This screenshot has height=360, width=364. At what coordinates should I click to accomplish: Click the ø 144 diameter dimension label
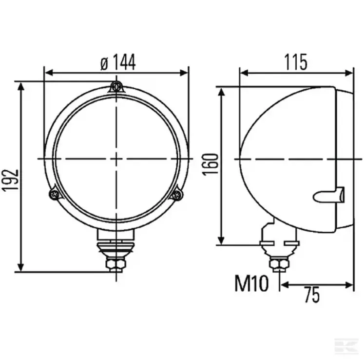[118, 62]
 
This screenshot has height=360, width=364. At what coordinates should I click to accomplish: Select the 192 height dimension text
[10, 180]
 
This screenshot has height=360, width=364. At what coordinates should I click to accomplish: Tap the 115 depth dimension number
[296, 62]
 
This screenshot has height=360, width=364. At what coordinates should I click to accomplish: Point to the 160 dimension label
[211, 164]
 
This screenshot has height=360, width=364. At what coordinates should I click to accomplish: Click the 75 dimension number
[312, 295]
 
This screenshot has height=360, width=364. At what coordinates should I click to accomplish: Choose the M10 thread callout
[251, 283]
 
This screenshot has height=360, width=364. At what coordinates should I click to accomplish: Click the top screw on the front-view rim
[116, 87]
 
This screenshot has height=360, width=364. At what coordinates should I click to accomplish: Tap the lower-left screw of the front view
[55, 194]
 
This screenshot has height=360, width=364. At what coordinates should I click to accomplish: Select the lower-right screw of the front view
[177, 194]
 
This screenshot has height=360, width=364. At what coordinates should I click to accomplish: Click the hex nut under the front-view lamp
[116, 263]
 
